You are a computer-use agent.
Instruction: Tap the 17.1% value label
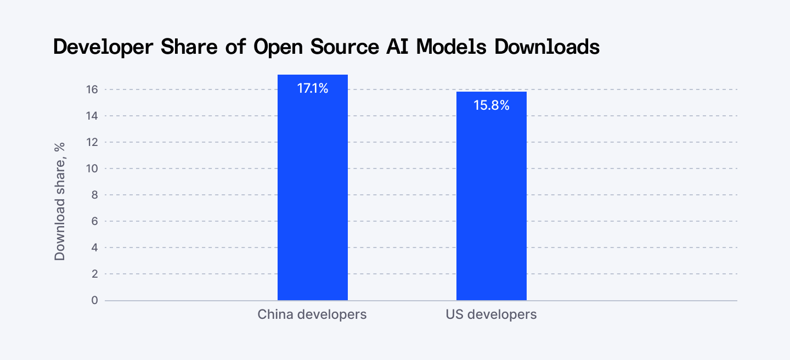(x=313, y=88)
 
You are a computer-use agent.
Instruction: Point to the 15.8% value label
(x=492, y=105)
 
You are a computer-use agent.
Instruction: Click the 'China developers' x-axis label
(x=312, y=315)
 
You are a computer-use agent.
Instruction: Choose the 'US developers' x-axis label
(x=491, y=315)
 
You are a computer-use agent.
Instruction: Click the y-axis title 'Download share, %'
(x=60, y=201)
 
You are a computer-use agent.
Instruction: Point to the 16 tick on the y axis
(x=92, y=89)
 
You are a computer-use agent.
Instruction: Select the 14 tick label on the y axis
(x=92, y=116)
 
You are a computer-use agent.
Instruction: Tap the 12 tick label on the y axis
(x=92, y=142)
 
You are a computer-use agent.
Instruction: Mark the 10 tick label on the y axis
(x=92, y=168)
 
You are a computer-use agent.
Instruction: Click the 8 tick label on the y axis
(x=94, y=195)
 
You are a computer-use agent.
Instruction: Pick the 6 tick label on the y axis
(x=94, y=221)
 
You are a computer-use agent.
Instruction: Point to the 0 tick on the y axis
(x=94, y=300)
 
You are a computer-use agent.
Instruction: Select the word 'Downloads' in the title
(x=546, y=47)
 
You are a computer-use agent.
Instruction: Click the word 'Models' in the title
(x=452, y=47)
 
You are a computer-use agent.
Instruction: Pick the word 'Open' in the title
(x=274, y=48)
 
